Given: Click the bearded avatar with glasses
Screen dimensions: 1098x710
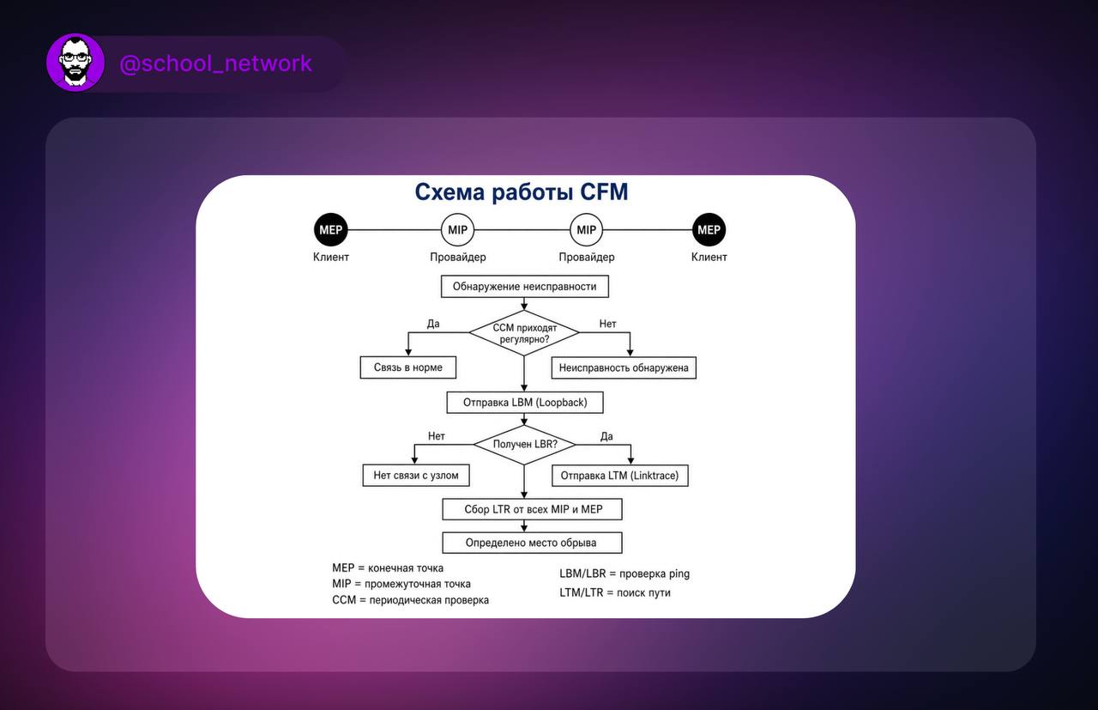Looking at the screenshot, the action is [x=75, y=63].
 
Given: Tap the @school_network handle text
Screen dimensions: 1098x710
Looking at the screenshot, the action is [x=215, y=64].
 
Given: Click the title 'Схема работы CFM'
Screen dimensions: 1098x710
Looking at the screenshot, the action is [x=521, y=191].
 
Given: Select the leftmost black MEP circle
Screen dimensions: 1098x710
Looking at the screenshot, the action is [x=331, y=229].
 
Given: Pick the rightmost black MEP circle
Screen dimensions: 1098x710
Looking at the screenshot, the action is [x=709, y=229].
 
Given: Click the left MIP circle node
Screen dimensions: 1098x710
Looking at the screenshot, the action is [x=457, y=229].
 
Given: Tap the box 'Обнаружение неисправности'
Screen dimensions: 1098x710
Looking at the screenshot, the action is [x=524, y=287].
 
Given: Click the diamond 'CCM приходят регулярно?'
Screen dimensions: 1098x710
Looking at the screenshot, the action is [x=524, y=332].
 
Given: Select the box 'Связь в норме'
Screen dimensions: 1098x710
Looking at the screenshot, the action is [x=407, y=367].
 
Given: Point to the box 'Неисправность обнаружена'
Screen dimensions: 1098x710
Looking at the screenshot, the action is [x=624, y=368].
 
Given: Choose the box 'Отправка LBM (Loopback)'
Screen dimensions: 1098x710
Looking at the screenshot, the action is [x=524, y=403].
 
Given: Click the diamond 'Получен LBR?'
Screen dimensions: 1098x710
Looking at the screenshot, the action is [x=524, y=445].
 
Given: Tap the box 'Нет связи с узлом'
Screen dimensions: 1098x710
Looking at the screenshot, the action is [x=416, y=475].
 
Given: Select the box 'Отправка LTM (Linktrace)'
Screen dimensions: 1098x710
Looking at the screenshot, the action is [x=619, y=476].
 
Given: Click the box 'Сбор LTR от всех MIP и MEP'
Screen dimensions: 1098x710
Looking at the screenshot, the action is [x=532, y=509].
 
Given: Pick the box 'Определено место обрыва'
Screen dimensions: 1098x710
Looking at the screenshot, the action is [x=532, y=543].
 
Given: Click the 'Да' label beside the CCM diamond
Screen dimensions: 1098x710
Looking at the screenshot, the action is [x=433, y=324].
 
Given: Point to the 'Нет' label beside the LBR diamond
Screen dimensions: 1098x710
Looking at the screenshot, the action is [x=437, y=436].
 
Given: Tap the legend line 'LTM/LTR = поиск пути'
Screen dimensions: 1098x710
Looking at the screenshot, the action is [x=615, y=592].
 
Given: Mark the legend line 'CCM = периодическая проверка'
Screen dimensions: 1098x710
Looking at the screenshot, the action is [x=410, y=600].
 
